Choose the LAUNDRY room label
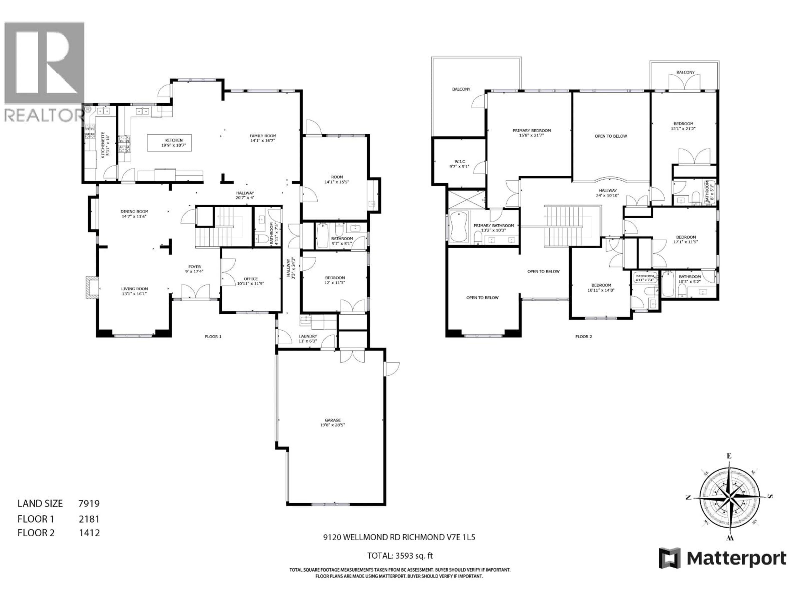(308, 336)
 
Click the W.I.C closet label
(460, 162)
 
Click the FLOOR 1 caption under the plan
(213, 336)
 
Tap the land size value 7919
(89, 503)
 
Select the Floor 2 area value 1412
(89, 533)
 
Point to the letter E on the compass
(729, 456)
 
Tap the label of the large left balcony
(461, 89)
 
